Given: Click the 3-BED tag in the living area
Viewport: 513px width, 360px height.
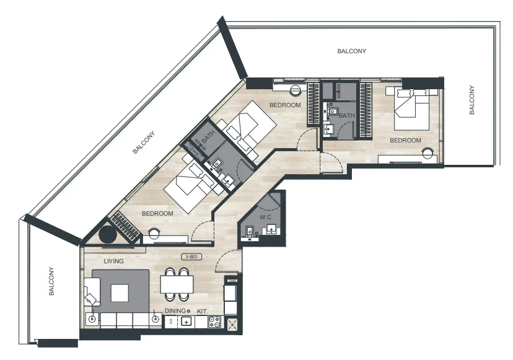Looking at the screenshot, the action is click(x=191, y=257).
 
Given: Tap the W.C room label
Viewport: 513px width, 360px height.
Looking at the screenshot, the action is click(x=265, y=217).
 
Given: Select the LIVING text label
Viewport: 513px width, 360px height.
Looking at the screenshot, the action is click(x=113, y=261).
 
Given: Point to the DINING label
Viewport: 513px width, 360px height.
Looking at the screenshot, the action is click(x=175, y=311).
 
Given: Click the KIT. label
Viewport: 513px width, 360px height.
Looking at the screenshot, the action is click(x=202, y=311).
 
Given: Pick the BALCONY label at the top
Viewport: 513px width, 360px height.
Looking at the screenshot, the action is click(x=352, y=51).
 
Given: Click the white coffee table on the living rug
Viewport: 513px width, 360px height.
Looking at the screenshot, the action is click(x=120, y=293).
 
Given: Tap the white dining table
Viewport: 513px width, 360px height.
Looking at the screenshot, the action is click(x=177, y=284).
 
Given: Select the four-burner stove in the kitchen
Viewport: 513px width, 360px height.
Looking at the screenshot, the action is click(x=214, y=322).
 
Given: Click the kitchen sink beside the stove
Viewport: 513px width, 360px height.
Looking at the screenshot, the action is click(x=186, y=322).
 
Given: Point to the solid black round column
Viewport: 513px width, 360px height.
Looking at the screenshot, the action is click(x=108, y=234).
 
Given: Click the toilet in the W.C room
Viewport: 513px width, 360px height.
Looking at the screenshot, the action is click(x=249, y=232).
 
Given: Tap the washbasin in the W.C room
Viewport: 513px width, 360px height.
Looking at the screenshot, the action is click(x=271, y=229).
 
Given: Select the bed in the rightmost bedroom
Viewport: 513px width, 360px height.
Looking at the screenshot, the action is click(x=412, y=109).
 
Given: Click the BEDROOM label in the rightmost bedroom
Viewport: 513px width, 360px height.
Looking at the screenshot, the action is click(x=405, y=141).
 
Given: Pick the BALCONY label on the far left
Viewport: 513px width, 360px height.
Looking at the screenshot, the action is click(x=51, y=281).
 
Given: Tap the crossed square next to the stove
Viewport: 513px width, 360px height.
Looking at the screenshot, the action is click(x=232, y=325).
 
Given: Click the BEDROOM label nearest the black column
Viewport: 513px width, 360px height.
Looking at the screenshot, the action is click(x=157, y=213).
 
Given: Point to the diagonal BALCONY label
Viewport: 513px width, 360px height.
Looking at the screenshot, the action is click(x=144, y=143).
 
